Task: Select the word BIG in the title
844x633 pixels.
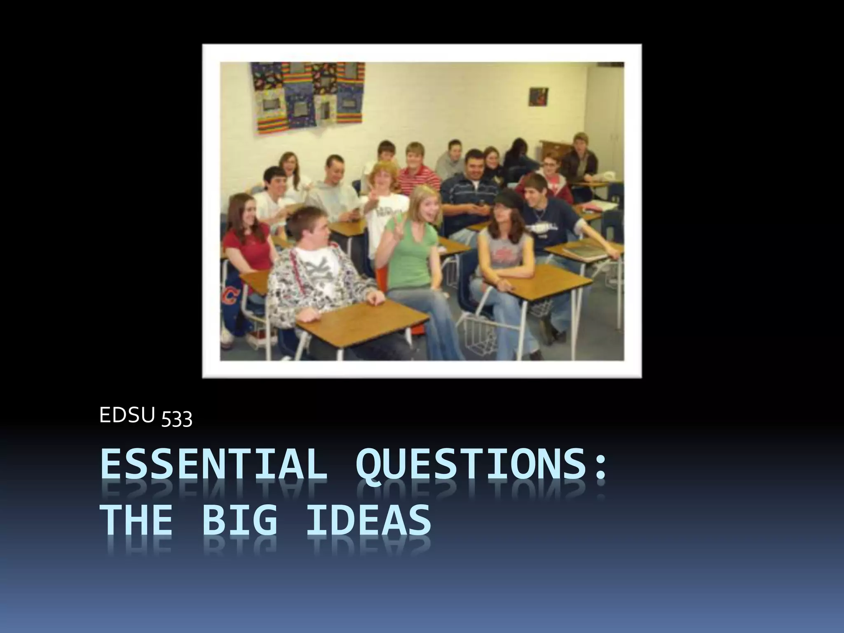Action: point(239,522)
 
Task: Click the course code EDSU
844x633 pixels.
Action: point(127,416)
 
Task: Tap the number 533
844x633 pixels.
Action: point(176,419)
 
